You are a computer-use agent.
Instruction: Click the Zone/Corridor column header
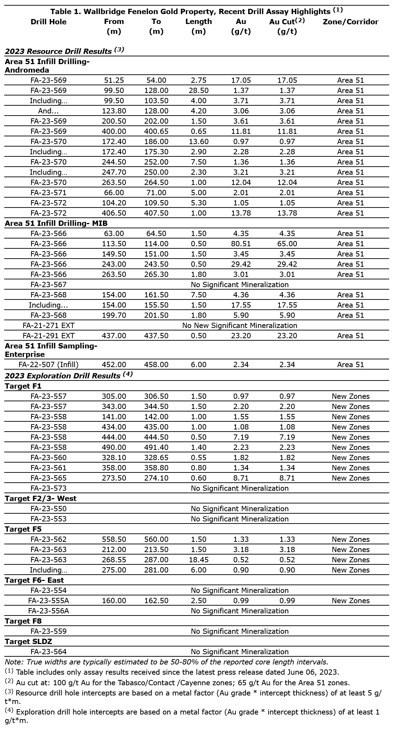click(x=350, y=22)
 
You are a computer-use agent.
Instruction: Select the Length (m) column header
click(x=198, y=26)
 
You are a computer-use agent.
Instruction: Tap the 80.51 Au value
click(x=241, y=244)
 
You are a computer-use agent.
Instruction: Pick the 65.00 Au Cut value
click(x=287, y=244)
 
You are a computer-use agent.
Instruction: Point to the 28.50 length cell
click(x=198, y=91)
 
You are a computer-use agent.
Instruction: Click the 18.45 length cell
click(x=198, y=560)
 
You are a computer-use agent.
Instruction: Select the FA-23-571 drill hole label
click(x=48, y=193)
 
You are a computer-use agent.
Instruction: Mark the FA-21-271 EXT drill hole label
click(x=48, y=326)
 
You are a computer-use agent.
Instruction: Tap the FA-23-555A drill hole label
click(x=48, y=601)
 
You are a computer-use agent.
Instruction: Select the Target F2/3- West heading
click(x=41, y=499)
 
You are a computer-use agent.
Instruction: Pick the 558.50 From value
click(x=114, y=539)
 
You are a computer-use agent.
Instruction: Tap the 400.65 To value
click(x=156, y=131)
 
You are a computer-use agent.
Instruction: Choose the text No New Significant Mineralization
click(x=240, y=326)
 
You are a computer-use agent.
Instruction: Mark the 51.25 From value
click(x=114, y=80)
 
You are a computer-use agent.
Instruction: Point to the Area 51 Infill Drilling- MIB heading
click(x=56, y=223)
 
